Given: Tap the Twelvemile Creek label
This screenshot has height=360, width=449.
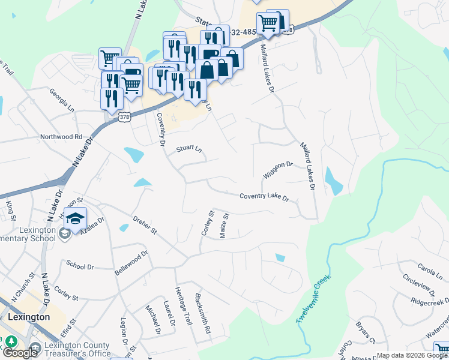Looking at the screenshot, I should point(314,300).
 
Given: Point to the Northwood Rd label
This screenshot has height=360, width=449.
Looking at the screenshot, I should point(61,137).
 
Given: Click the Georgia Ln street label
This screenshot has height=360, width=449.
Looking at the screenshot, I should point(62,94).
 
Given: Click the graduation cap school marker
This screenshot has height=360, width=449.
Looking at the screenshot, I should point(76,219).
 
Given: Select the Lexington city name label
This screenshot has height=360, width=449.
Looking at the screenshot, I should point(29,316).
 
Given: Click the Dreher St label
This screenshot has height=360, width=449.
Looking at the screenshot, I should point(145,226).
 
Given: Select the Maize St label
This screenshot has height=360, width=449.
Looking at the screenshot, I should point(224,225).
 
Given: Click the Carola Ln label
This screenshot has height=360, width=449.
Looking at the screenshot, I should point(429,266).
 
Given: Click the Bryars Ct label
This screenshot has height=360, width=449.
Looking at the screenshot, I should point(365,331).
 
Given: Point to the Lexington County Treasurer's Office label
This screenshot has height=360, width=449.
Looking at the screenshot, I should point(76,349).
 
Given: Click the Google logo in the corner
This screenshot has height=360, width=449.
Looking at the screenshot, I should point(20,353).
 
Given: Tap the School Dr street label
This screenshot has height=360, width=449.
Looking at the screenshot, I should point(80,265).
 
